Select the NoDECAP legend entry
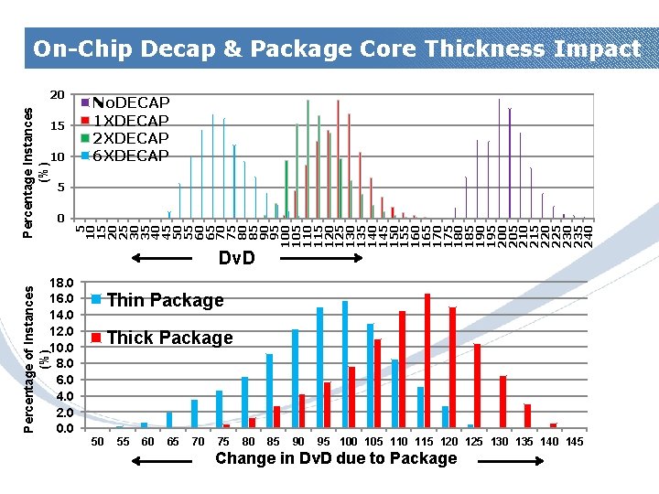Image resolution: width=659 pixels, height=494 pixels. coord(131,102)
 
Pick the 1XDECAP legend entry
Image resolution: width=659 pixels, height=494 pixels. coord(131,121)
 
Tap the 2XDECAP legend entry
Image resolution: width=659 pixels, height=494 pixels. coord(131,138)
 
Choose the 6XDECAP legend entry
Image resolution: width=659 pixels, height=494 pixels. coord(131,156)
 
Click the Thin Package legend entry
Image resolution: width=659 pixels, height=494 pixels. coord(165,300)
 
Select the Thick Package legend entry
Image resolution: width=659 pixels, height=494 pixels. coord(169,338)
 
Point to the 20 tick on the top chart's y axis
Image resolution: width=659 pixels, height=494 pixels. coord(57,94)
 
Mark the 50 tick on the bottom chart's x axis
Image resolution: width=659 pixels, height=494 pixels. coord(97,442)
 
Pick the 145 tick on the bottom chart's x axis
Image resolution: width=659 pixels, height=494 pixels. coord(574,442)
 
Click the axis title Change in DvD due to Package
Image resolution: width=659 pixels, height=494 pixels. coord(336,458)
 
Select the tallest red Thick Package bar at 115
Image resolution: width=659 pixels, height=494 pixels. coord(427,360)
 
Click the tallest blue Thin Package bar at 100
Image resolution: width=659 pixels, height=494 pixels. coord(345,364)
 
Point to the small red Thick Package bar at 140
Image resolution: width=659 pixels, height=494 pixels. coord(553,425)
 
